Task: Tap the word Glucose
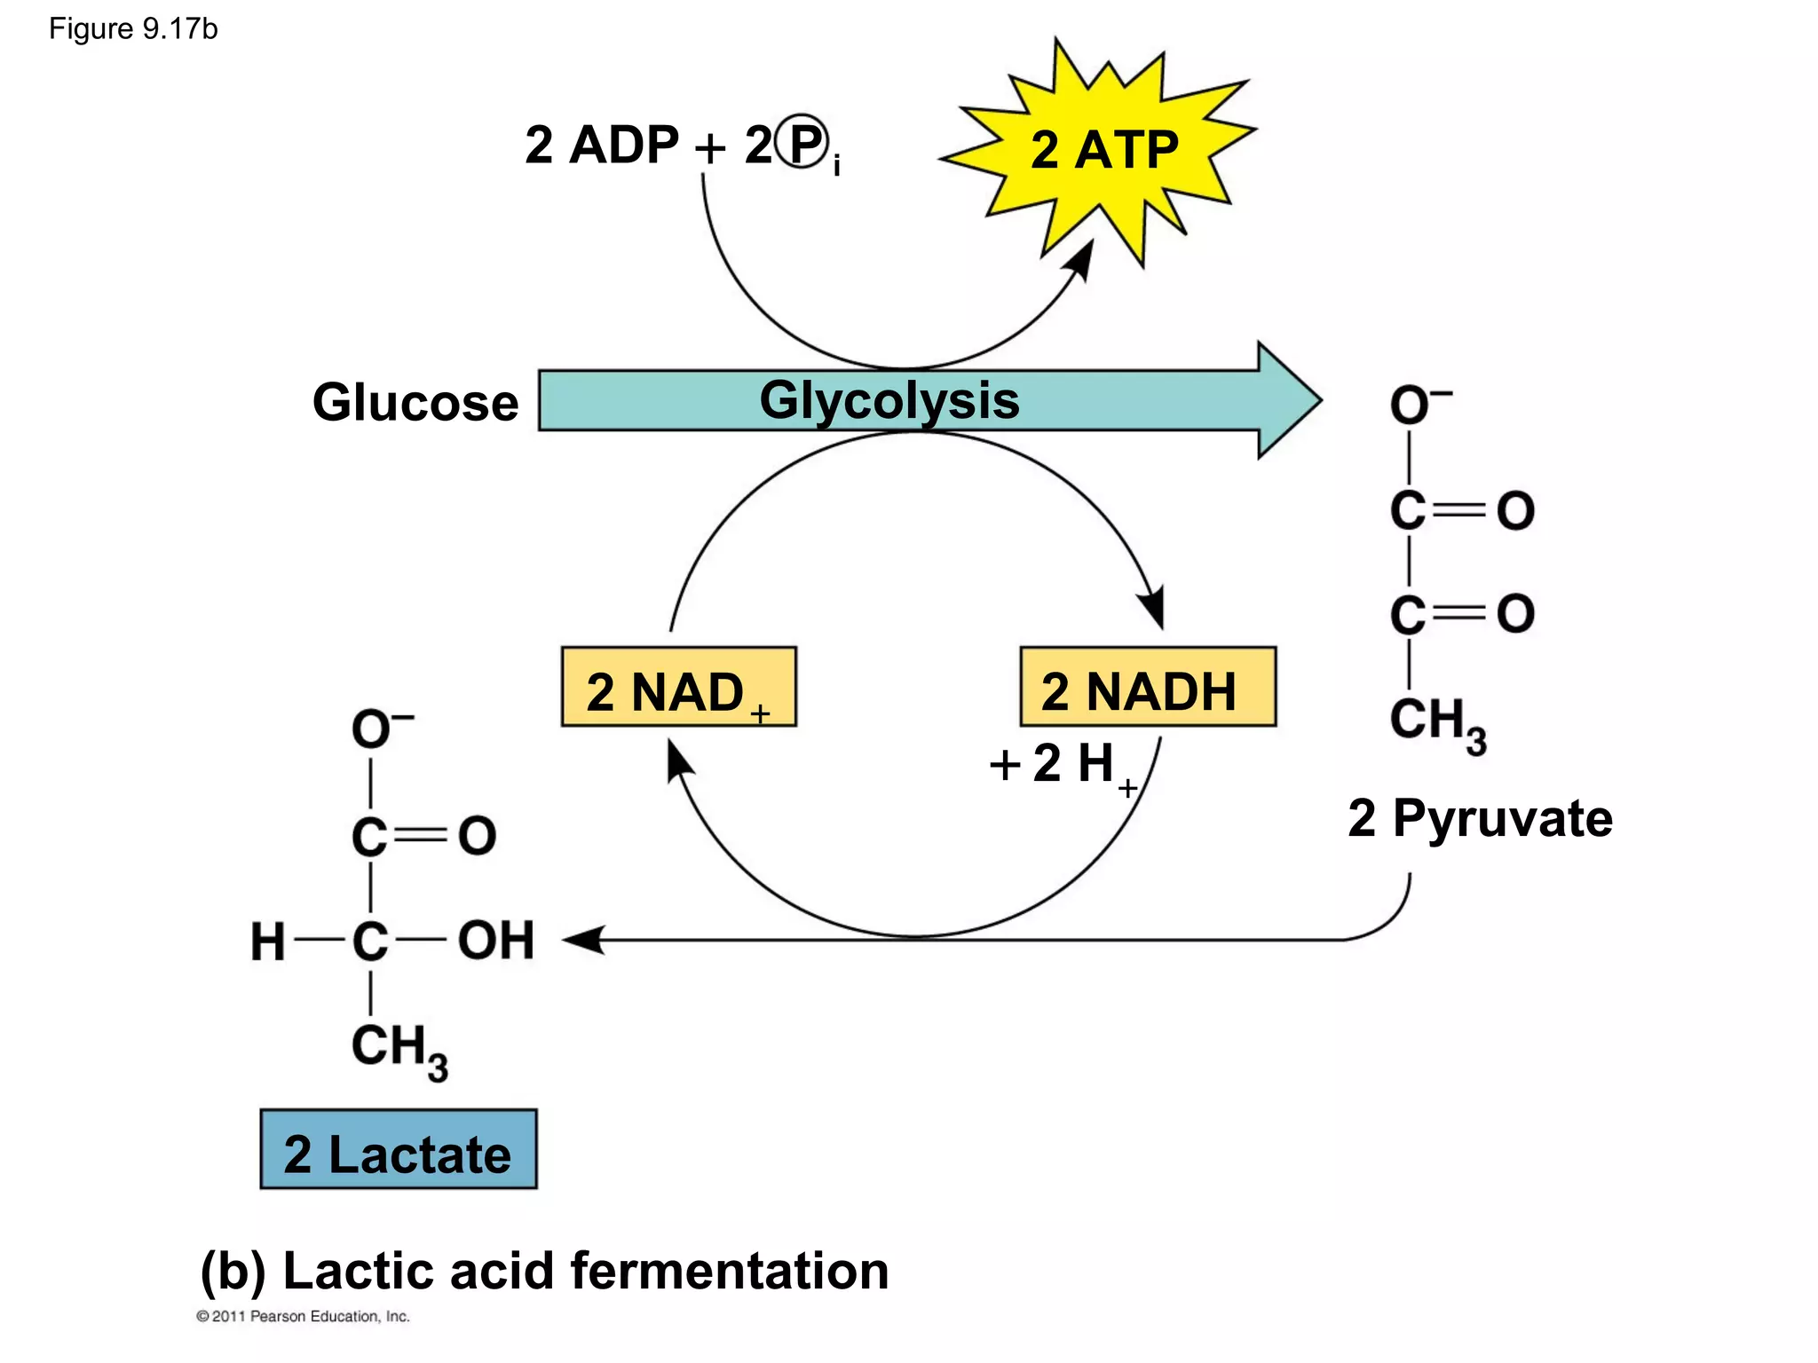(x=415, y=403)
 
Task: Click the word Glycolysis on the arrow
(x=889, y=400)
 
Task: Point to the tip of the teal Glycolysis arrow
(x=1317, y=400)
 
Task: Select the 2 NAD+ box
(x=678, y=688)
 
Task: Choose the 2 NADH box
(x=1147, y=688)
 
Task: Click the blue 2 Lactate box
(x=399, y=1149)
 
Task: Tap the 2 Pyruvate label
(x=1480, y=818)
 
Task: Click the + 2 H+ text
(x=1061, y=765)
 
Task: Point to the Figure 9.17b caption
(x=133, y=29)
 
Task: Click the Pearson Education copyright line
(x=303, y=1317)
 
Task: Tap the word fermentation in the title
(x=728, y=1271)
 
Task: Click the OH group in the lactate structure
(x=495, y=940)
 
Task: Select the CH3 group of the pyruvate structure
(x=1436, y=722)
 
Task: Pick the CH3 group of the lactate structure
(x=398, y=1049)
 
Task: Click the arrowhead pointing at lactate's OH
(x=581, y=940)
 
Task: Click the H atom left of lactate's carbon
(x=267, y=941)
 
